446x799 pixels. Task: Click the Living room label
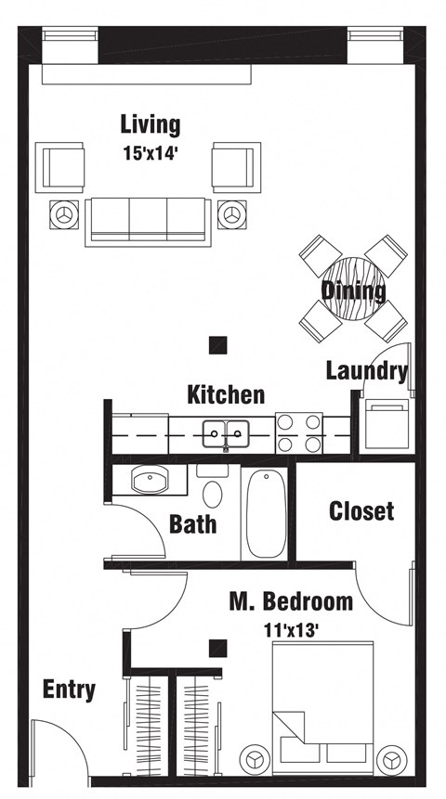click(x=150, y=124)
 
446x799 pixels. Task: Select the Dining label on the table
click(x=354, y=290)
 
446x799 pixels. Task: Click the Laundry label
click(x=367, y=371)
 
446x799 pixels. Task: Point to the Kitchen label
click(x=226, y=394)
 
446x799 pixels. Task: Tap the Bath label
click(x=193, y=523)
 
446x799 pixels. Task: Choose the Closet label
click(x=361, y=510)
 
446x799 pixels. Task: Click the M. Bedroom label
click(x=291, y=601)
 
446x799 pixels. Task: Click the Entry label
click(x=69, y=689)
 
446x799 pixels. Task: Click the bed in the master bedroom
click(x=325, y=705)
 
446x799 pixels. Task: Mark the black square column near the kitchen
click(x=217, y=344)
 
